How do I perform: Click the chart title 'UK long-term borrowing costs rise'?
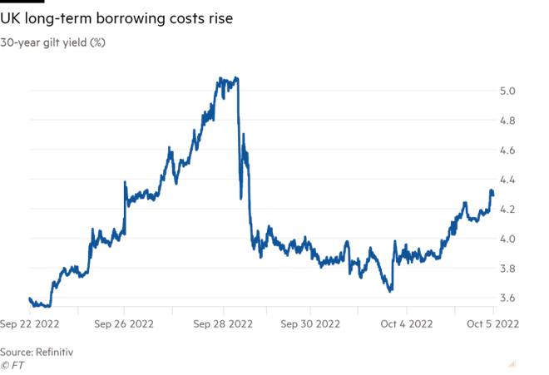116,17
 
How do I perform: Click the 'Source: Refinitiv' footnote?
37,352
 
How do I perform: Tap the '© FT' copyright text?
12,364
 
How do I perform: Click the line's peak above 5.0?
237,78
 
